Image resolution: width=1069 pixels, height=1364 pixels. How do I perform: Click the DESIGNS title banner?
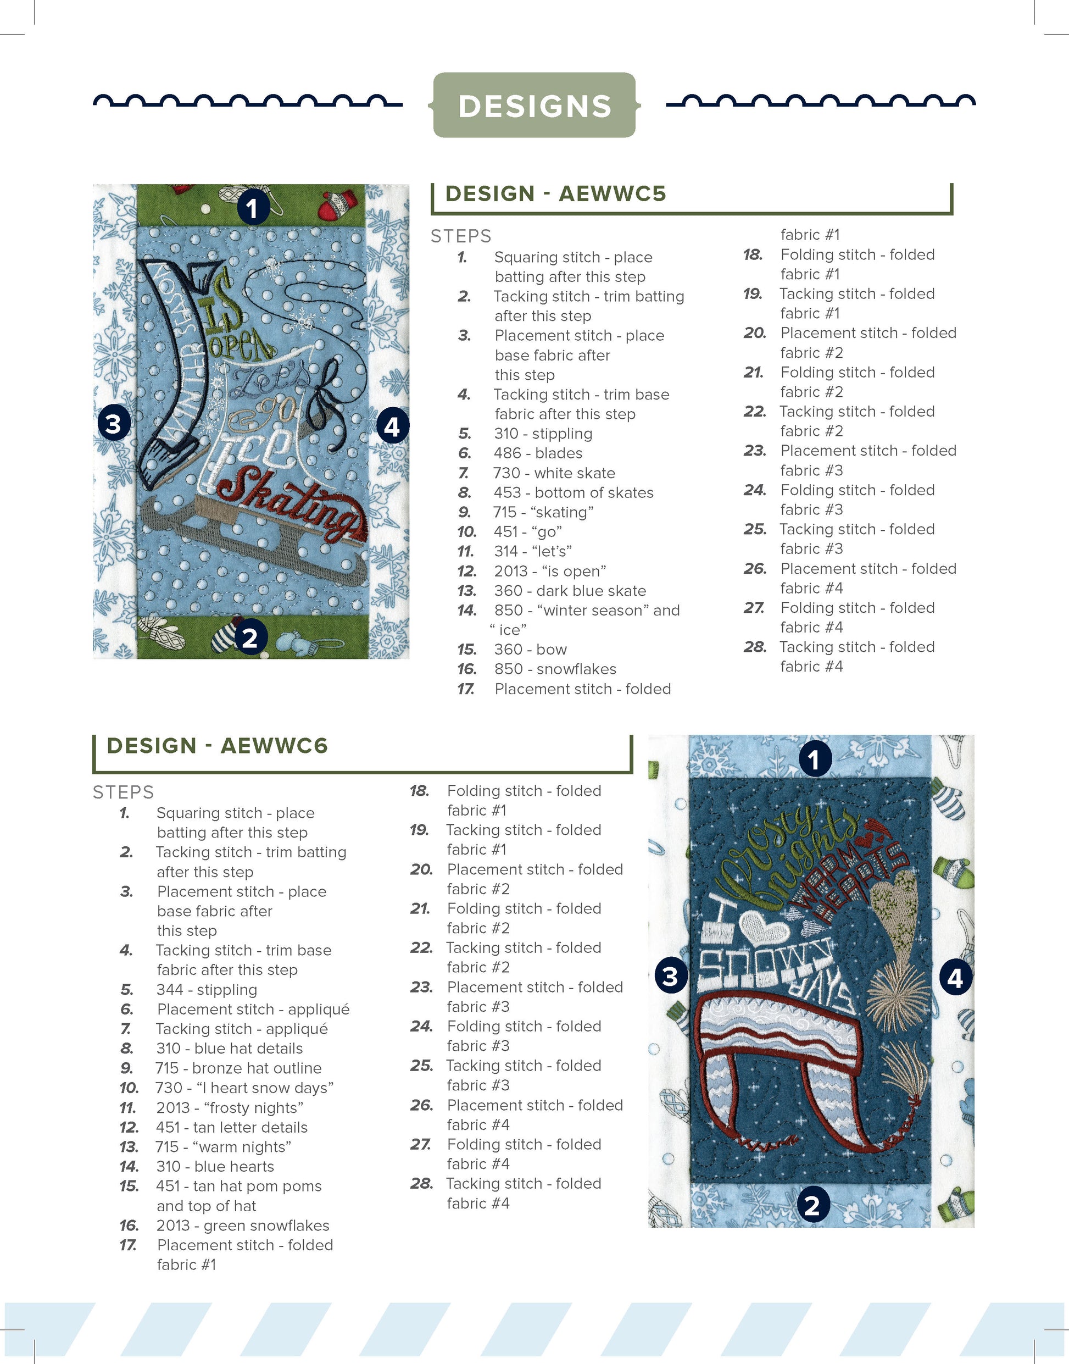pyautogui.click(x=534, y=105)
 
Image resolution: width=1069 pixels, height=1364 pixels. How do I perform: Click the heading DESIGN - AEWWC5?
pyautogui.click(x=556, y=194)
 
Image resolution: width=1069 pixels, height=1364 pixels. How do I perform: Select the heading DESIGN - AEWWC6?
pyautogui.click(x=217, y=746)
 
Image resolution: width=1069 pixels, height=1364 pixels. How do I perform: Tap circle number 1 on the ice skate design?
pyautogui.click(x=253, y=207)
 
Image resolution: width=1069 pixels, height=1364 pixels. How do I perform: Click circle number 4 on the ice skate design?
pyautogui.click(x=392, y=427)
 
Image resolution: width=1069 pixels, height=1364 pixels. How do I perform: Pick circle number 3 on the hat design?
pyautogui.click(x=670, y=976)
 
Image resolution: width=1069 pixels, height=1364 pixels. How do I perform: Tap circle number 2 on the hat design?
pyautogui.click(x=812, y=1205)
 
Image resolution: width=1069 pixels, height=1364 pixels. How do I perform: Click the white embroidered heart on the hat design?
pyautogui.click(x=763, y=927)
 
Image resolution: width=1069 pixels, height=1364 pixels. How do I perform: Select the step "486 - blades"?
pyautogui.click(x=538, y=453)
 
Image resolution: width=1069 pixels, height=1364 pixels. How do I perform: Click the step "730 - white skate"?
pyautogui.click(x=554, y=473)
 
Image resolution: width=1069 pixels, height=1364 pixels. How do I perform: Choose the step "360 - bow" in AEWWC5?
pyautogui.click(x=531, y=650)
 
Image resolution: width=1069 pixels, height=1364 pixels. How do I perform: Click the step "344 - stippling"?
pyautogui.click(x=207, y=990)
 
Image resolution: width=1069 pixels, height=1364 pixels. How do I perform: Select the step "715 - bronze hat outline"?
pyautogui.click(x=238, y=1068)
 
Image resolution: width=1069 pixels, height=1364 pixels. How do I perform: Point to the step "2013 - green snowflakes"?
pyautogui.click(x=243, y=1226)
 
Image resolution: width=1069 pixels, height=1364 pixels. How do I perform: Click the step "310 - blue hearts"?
pyautogui.click(x=215, y=1167)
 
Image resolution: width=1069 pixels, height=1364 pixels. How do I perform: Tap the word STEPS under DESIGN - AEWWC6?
pyautogui.click(x=123, y=792)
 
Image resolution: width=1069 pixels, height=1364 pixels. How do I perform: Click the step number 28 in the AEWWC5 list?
pyautogui.click(x=755, y=647)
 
